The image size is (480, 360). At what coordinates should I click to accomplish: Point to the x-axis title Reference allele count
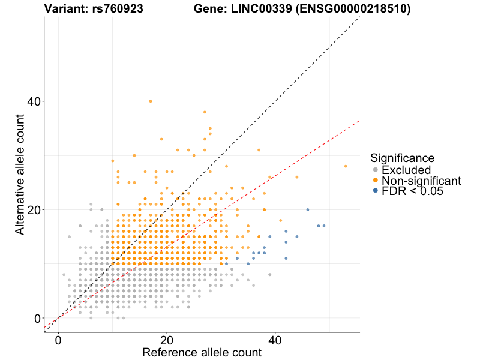[202, 352]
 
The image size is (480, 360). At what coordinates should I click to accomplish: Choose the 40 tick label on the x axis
[275, 340]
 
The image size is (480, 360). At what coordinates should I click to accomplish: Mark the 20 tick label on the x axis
[167, 340]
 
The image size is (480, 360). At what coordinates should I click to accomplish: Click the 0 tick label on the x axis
[58, 340]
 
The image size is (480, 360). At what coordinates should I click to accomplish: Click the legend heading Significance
[402, 158]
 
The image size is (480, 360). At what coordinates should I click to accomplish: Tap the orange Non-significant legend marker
[376, 181]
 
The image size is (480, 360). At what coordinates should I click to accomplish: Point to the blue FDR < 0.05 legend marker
[376, 191]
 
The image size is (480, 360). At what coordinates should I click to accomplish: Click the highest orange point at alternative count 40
[151, 101]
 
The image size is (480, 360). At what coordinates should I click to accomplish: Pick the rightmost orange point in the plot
[346, 166]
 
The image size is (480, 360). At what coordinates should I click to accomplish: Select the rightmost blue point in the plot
[324, 226]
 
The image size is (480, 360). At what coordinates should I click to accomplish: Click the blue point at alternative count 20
[308, 210]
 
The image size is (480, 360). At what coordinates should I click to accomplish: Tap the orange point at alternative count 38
[205, 112]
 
